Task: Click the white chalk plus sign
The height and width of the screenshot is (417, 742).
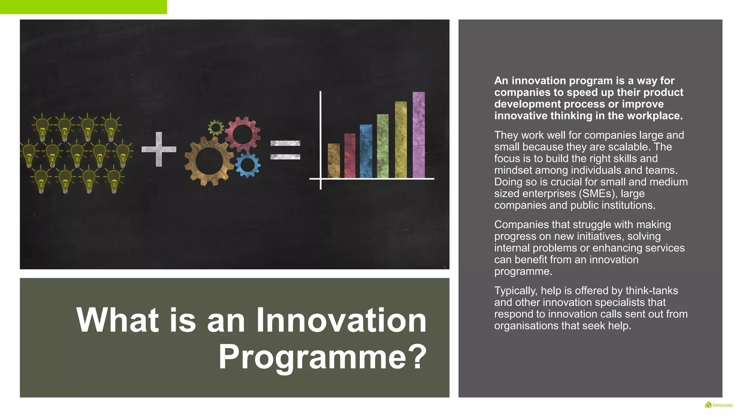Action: [x=159, y=149]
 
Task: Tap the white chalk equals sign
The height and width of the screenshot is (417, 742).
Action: [x=285, y=150]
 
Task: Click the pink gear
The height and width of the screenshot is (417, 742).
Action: [x=242, y=134]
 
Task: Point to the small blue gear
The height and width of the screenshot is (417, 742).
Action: [x=248, y=165]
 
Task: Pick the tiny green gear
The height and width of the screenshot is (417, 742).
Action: [x=216, y=127]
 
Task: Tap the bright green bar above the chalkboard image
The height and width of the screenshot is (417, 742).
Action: [x=83, y=7]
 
